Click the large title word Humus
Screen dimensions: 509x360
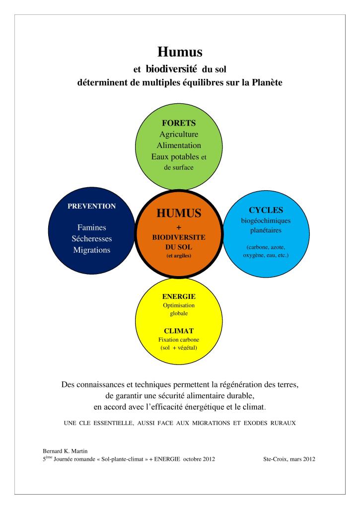(x=179, y=51)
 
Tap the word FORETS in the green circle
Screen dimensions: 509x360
(x=179, y=123)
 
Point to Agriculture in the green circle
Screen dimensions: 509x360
(x=179, y=135)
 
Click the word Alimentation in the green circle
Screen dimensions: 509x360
(x=179, y=145)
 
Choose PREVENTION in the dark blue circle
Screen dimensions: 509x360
(x=91, y=206)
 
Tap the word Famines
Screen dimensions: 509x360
(x=91, y=228)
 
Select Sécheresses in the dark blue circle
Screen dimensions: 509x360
(x=91, y=239)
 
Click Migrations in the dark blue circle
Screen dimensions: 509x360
(x=91, y=250)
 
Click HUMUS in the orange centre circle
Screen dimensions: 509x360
(x=179, y=214)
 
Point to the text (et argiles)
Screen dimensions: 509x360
(x=179, y=256)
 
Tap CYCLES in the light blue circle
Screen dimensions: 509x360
(x=266, y=210)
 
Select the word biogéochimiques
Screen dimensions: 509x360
(x=266, y=221)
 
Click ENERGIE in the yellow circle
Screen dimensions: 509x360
(x=179, y=296)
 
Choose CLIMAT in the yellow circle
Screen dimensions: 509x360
(x=179, y=330)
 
